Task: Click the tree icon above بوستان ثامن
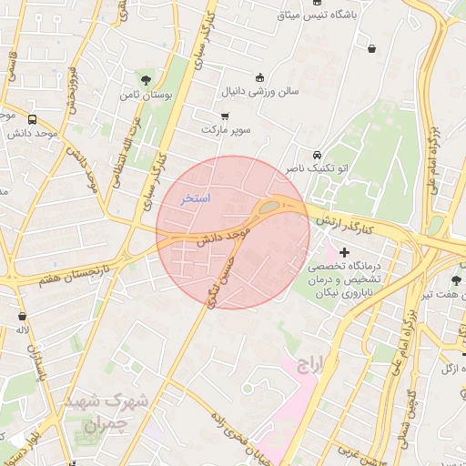(x=147, y=79)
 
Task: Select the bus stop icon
(x=33, y=119)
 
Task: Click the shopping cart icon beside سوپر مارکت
(x=224, y=116)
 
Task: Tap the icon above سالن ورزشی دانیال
(x=261, y=77)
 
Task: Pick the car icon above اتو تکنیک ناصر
(x=317, y=155)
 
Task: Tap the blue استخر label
(x=195, y=198)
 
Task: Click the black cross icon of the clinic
(x=344, y=252)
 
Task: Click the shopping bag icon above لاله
(x=21, y=317)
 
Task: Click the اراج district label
(x=309, y=365)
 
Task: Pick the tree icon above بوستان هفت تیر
(x=455, y=279)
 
